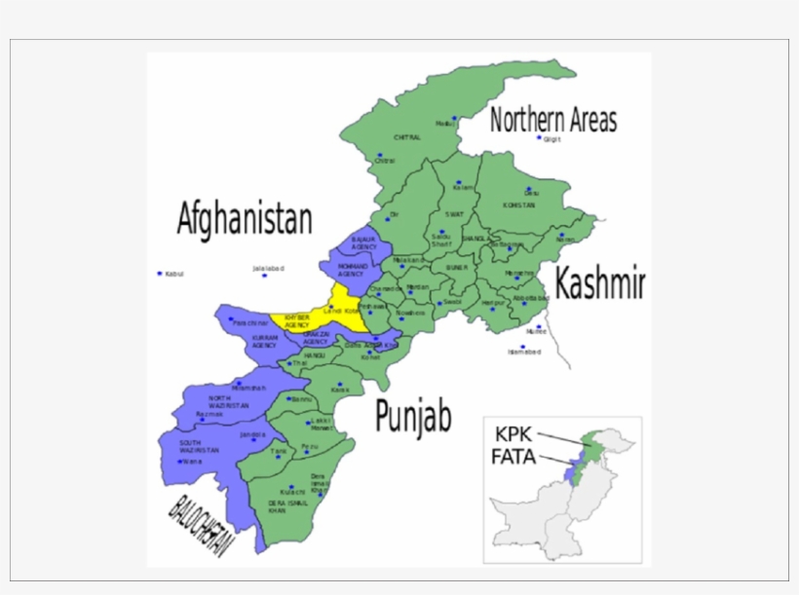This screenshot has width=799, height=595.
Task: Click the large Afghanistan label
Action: click(245, 219)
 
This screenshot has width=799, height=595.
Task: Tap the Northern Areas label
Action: click(552, 121)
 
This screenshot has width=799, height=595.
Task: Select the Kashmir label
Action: click(599, 284)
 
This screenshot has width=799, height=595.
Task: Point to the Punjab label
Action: click(413, 417)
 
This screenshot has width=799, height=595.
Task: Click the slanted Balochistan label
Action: click(200, 527)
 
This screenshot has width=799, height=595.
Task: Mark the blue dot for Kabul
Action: click(160, 274)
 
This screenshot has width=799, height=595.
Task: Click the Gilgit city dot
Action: click(539, 138)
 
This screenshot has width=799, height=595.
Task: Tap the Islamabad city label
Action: click(523, 353)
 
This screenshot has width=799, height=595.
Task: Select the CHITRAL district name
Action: click(406, 138)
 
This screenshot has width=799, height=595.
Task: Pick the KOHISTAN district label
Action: click(519, 205)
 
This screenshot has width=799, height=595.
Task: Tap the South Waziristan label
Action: click(199, 447)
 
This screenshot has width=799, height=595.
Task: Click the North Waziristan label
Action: click(228, 401)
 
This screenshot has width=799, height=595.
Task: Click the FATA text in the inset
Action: click(514, 456)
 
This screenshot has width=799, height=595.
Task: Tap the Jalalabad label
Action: click(268, 268)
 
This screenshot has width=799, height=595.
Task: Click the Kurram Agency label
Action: click(265, 341)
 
